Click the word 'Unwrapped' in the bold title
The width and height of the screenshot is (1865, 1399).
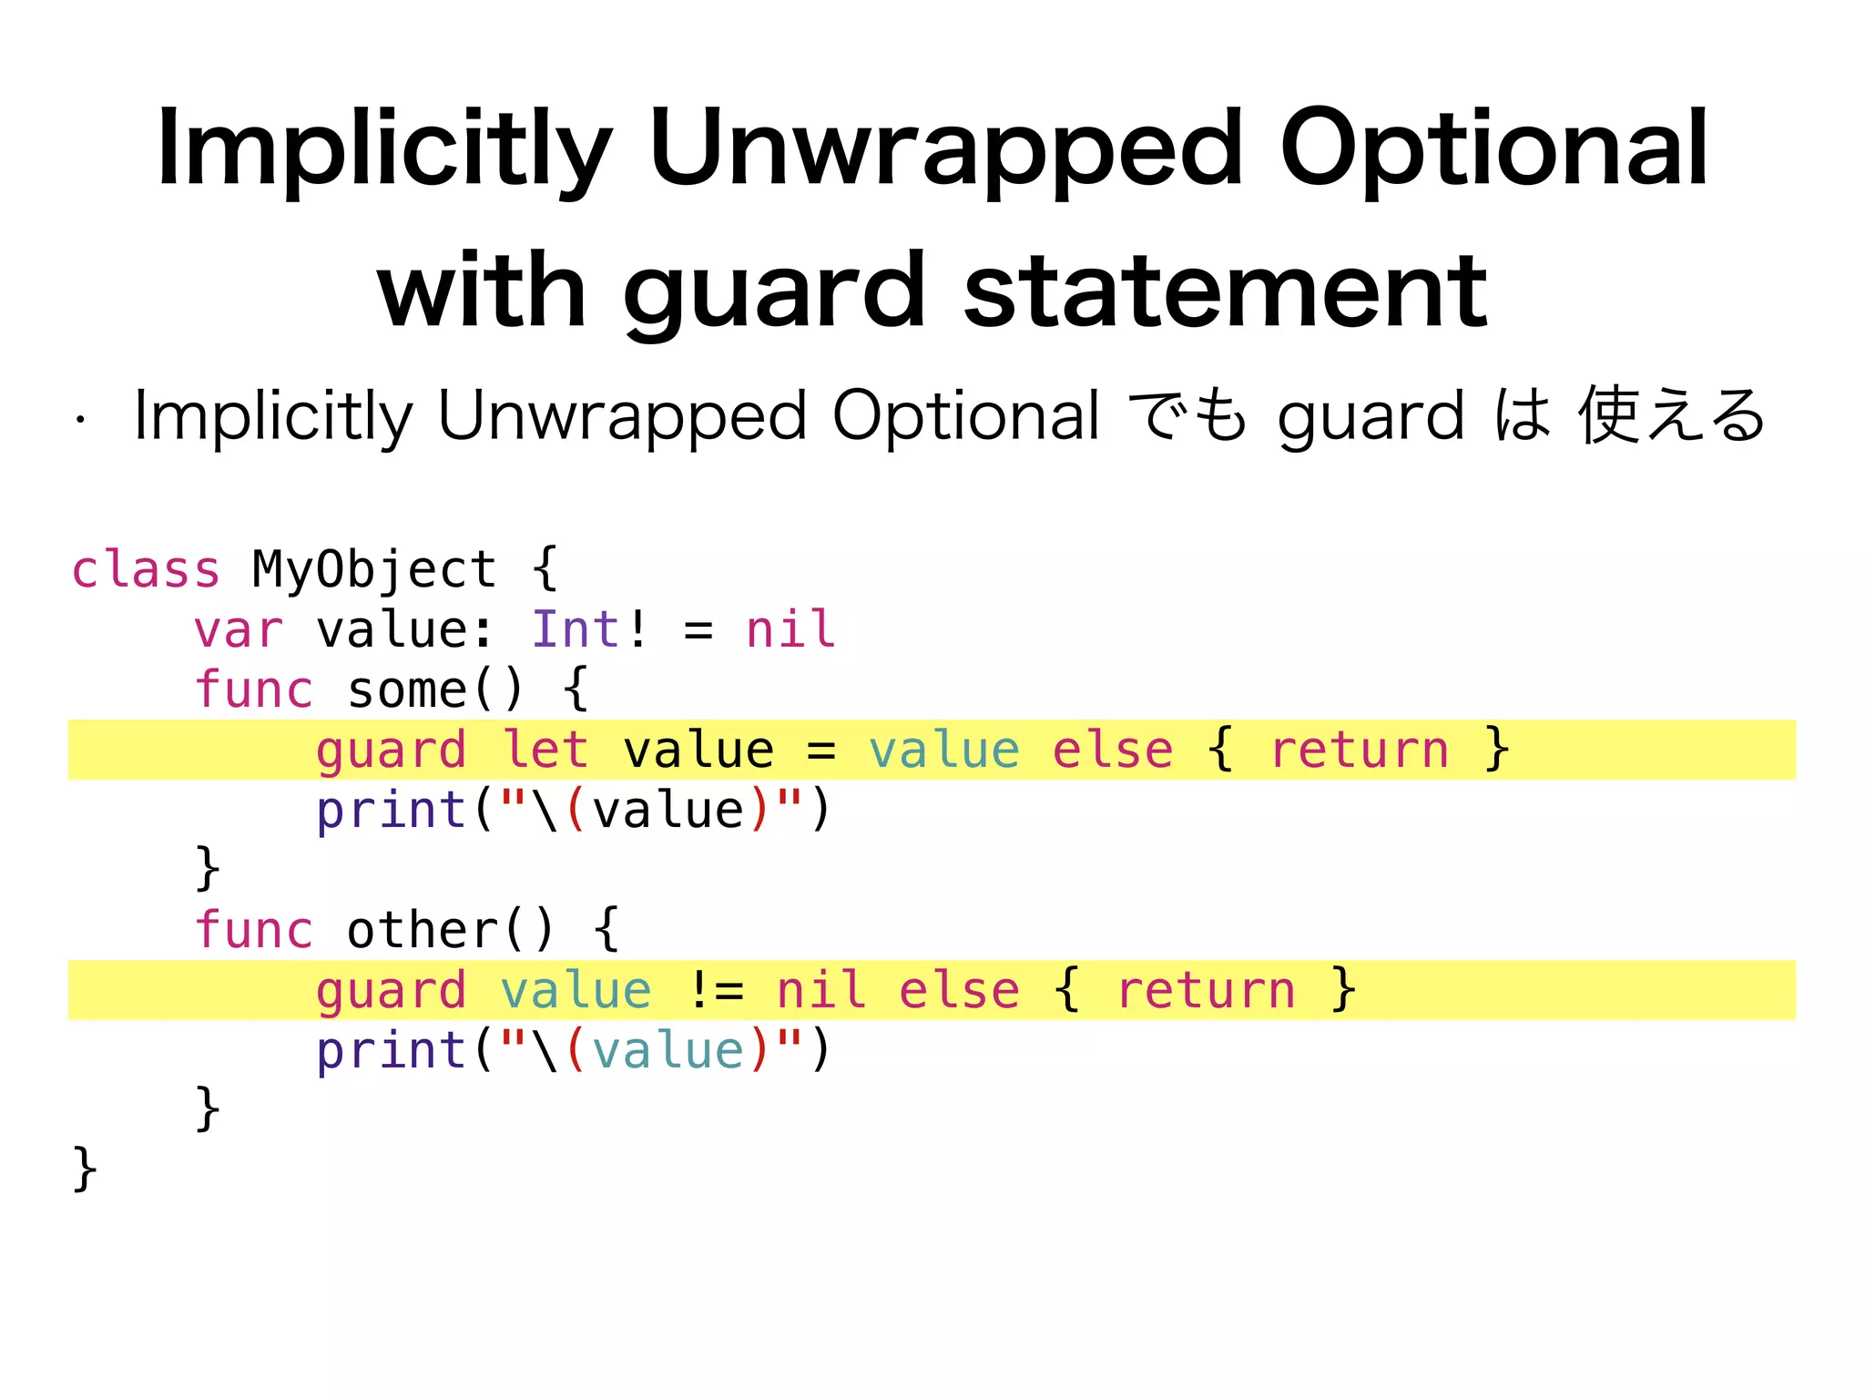945,150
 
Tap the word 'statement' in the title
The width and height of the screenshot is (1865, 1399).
1225,291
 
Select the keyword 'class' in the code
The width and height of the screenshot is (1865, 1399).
146,570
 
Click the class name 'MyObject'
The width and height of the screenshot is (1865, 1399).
374,570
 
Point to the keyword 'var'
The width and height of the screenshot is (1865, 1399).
239,630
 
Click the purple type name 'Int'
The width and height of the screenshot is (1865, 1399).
576,630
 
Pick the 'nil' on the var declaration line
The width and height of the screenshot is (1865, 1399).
790,630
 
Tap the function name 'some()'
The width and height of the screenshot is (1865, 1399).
435,690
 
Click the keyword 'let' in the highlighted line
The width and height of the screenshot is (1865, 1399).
545,751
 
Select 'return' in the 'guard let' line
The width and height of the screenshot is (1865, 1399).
1359,751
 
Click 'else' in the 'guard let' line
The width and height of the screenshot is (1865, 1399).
1113,751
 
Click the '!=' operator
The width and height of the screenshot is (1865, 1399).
716,991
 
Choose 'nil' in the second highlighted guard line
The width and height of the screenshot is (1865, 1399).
820,991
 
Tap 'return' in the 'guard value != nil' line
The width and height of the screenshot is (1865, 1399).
1206,991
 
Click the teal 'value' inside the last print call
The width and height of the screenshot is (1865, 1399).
668,1051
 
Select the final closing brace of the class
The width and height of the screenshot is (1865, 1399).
85,1169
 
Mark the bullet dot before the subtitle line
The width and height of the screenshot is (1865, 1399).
81,421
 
